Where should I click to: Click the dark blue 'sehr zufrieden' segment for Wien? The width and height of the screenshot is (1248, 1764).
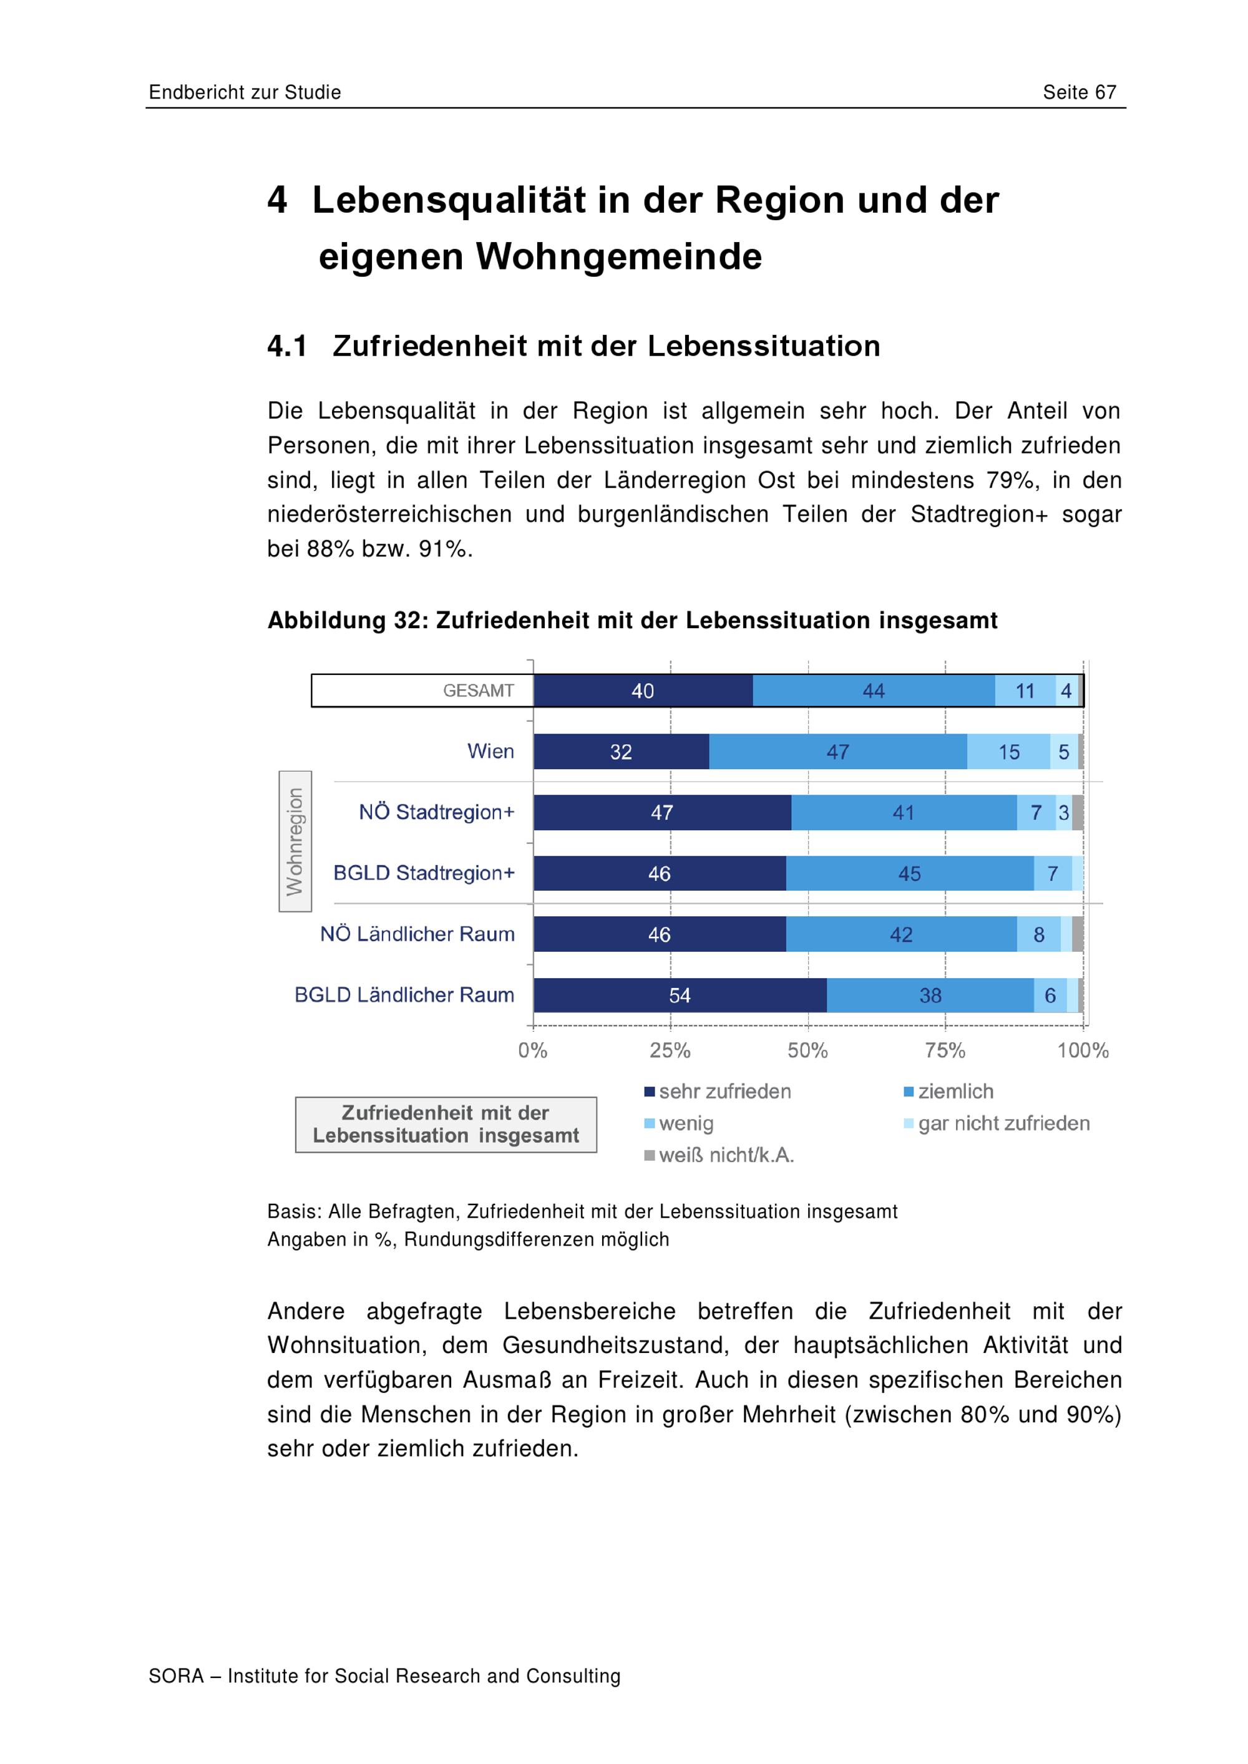click(x=621, y=752)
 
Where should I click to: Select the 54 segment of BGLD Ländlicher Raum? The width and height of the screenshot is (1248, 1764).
click(x=680, y=995)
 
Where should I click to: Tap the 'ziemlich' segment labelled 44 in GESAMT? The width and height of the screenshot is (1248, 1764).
click(x=874, y=691)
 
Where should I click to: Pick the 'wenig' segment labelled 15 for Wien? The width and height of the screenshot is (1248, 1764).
click(x=1008, y=752)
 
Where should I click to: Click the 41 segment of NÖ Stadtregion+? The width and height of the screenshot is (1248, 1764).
click(x=904, y=812)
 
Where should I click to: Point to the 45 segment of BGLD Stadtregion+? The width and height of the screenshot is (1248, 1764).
click(x=910, y=873)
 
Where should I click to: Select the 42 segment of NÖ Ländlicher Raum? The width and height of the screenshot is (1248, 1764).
click(x=902, y=934)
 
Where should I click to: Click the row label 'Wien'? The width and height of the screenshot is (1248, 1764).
click(x=490, y=752)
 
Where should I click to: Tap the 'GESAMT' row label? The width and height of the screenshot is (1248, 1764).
click(x=478, y=691)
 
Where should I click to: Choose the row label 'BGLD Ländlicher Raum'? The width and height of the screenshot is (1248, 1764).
click(x=404, y=995)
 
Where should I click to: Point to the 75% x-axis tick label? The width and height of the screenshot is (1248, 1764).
click(x=945, y=1050)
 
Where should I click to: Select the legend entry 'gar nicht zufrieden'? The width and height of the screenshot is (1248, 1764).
click(x=997, y=1123)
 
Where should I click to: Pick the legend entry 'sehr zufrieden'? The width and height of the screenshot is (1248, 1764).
click(x=718, y=1092)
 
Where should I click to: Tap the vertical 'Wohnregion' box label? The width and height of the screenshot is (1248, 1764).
click(x=295, y=841)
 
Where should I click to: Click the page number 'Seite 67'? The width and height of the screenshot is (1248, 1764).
click(x=1079, y=92)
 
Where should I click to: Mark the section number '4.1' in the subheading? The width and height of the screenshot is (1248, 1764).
click(x=288, y=347)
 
